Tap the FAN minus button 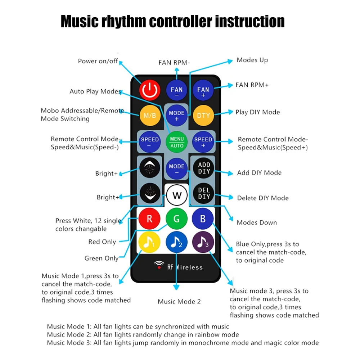coord(176,90)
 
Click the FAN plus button coord(203,90)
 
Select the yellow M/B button coord(150,115)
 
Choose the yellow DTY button coord(203,115)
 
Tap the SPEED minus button coord(150,142)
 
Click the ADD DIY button coord(204,168)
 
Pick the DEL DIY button coord(204,193)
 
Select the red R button coord(150,219)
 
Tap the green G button coord(177,219)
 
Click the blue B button coord(203,219)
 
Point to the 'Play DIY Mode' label coord(257,112)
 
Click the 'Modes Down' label coord(257,222)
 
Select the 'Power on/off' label coord(98,61)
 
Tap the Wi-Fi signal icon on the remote coord(159,265)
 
